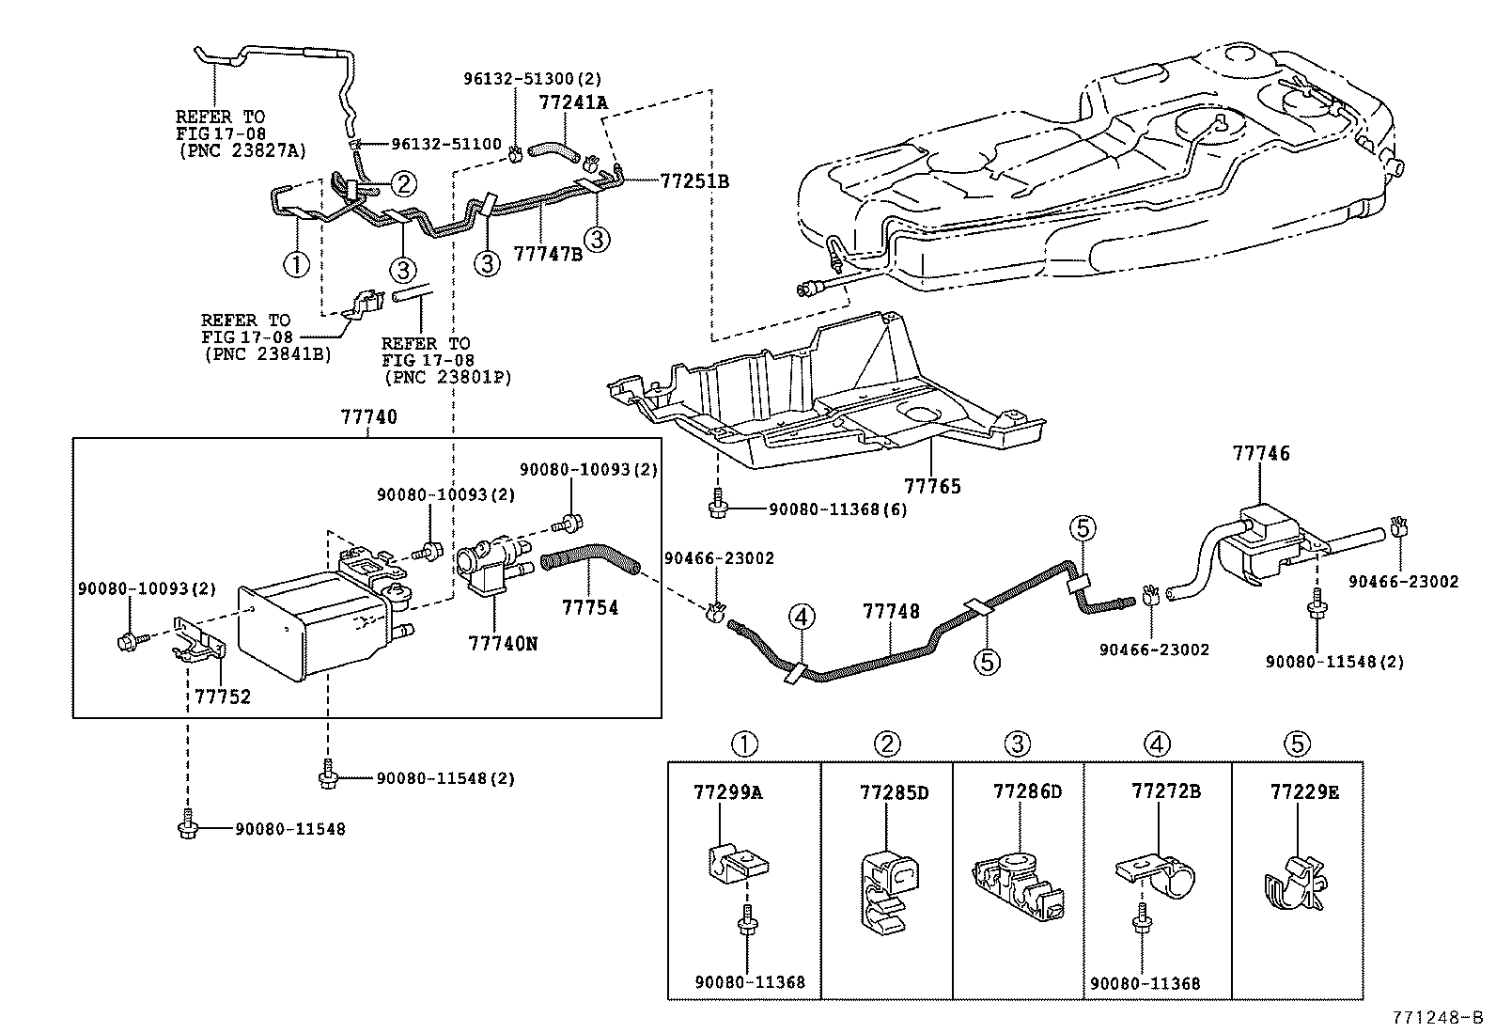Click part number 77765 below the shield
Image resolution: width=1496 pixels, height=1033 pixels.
[932, 486]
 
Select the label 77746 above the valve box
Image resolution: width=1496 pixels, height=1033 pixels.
[1261, 454]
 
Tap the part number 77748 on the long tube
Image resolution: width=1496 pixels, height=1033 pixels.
[891, 612]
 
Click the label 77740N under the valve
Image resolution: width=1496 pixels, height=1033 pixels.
[504, 644]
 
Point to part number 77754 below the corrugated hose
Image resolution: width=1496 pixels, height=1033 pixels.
[590, 608]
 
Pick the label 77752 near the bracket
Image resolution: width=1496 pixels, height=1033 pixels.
[223, 696]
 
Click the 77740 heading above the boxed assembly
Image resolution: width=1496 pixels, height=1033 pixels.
[368, 417]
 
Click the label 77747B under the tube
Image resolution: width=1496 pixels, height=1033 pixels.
[548, 254]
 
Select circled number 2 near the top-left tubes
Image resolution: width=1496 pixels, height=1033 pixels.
[403, 182]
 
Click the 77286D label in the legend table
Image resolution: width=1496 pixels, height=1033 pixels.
[1027, 791]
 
